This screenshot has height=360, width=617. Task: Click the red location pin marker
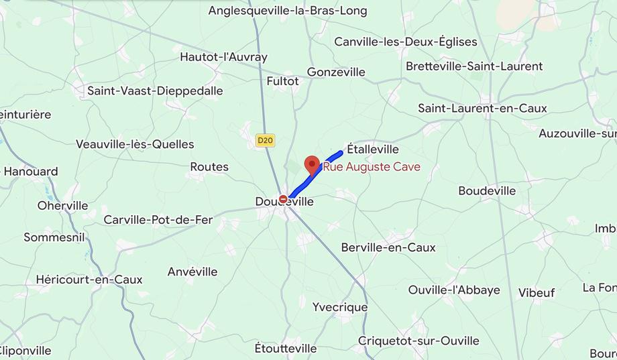coord(312,165)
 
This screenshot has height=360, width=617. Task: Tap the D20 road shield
coord(266,140)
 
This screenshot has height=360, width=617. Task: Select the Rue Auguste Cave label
coord(372,167)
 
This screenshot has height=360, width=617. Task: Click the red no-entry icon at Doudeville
coord(284,199)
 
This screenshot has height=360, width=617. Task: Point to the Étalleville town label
coord(373,149)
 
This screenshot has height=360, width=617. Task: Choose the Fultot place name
coord(282,80)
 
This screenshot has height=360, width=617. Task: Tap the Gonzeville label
coord(336,72)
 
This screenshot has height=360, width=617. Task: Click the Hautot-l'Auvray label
coord(223,57)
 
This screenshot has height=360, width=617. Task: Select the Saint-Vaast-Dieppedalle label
coord(155,91)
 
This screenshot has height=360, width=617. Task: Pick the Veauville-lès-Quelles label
coord(135,144)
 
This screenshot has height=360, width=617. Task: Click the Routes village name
coord(209,167)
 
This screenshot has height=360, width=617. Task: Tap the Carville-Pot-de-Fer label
coord(158,220)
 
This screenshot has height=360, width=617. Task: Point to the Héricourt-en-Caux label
coord(89,280)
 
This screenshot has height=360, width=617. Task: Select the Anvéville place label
coord(192,272)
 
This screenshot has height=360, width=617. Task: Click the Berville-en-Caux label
coord(388,247)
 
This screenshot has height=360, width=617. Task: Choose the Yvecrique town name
coord(340,307)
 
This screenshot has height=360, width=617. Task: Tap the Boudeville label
coord(487,191)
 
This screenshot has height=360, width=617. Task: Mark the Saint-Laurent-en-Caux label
coord(482,108)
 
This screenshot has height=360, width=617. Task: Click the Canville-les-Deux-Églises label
coord(406,42)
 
